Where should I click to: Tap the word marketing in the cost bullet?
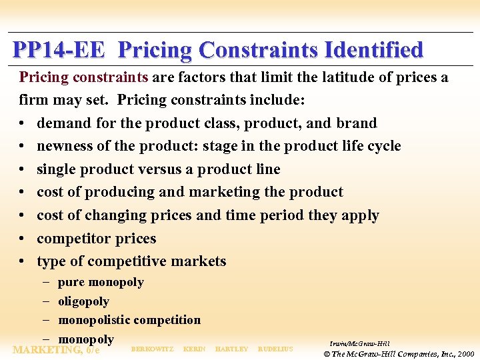pyautogui.click(x=225, y=192)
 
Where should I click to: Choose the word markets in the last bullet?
pyautogui.click(x=197, y=261)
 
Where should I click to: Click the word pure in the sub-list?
pyautogui.click(x=71, y=283)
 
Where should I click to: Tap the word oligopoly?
pyautogui.click(x=83, y=301)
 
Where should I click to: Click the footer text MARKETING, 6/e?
pyautogui.click(x=56, y=349)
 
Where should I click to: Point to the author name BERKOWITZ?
pyautogui.click(x=152, y=349)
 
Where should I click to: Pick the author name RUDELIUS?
pyautogui.click(x=275, y=349)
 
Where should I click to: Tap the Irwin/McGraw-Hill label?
pyautogui.click(x=359, y=343)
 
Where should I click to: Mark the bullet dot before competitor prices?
pyautogui.click(x=23, y=239)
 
